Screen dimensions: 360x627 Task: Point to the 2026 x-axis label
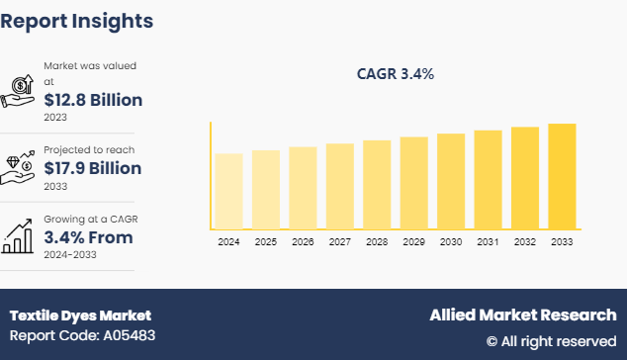pyautogui.click(x=303, y=242)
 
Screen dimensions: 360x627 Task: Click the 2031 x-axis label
pyautogui.click(x=488, y=242)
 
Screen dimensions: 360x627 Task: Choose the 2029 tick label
pyautogui.click(x=413, y=242)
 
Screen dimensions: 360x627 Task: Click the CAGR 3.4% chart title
pyautogui.click(x=396, y=74)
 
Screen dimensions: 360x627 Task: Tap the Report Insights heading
pyautogui.click(x=76, y=20)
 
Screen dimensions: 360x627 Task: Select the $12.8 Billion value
pyautogui.click(x=93, y=100)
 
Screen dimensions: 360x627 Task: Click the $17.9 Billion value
pyautogui.click(x=93, y=168)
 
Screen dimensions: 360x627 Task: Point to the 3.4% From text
pyautogui.click(x=88, y=237)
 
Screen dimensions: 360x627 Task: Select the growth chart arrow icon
pyautogui.click(x=20, y=235)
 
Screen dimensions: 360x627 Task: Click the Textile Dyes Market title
pyautogui.click(x=80, y=315)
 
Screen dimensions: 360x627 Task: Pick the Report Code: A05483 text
pyautogui.click(x=81, y=335)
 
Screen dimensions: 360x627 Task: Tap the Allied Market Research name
pyautogui.click(x=522, y=315)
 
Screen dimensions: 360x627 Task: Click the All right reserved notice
pyautogui.click(x=551, y=340)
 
